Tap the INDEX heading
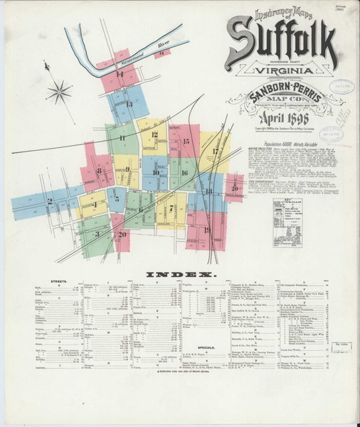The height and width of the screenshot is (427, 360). click(179, 274)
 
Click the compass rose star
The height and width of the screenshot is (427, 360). click(59, 90)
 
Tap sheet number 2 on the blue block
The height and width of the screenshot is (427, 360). click(50, 201)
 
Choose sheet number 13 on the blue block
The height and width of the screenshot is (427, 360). click(129, 104)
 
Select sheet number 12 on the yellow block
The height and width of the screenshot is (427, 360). click(154, 134)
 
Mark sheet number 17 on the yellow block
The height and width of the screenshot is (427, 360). click(214, 152)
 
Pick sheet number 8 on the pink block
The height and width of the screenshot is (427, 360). click(99, 171)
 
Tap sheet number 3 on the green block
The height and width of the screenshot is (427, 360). click(96, 233)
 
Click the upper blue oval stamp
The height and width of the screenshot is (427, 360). click(342, 87)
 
